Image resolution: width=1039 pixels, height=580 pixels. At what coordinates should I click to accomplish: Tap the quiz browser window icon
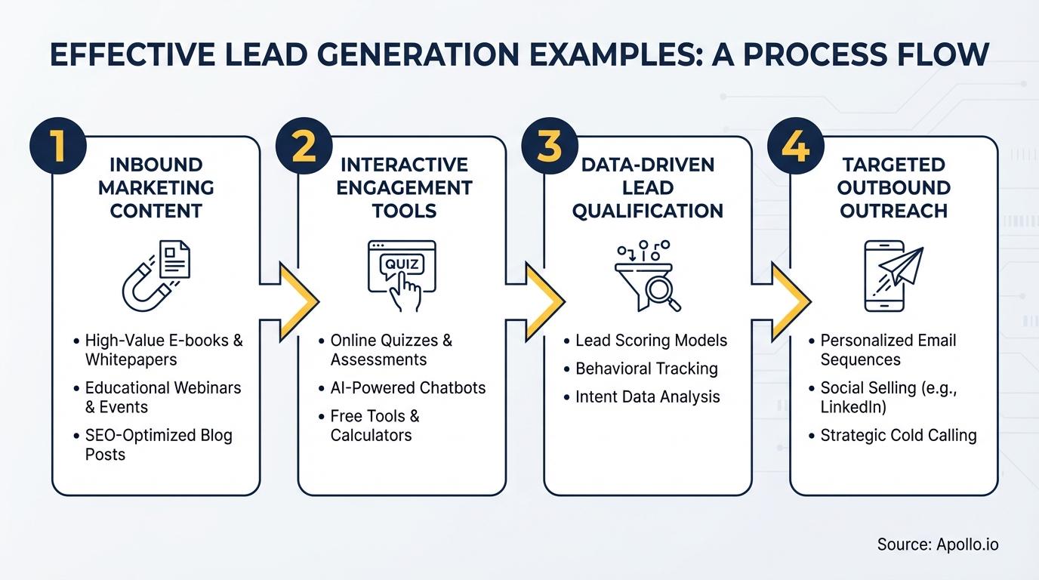click(x=402, y=275)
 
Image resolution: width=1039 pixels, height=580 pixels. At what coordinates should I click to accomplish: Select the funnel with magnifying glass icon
click(x=648, y=277)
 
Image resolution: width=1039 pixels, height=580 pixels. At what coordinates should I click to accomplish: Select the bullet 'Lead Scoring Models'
click(x=651, y=341)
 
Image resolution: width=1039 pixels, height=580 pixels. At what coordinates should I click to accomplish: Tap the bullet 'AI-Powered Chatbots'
click(x=408, y=388)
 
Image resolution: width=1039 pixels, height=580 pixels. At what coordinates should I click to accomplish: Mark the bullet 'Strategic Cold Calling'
click(x=898, y=436)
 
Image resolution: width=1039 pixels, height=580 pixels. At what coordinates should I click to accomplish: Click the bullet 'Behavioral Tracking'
click(x=646, y=369)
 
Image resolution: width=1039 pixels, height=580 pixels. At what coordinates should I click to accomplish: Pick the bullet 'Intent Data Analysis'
click(x=647, y=397)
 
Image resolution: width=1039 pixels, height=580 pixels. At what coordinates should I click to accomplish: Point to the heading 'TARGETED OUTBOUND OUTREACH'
click(x=893, y=187)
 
